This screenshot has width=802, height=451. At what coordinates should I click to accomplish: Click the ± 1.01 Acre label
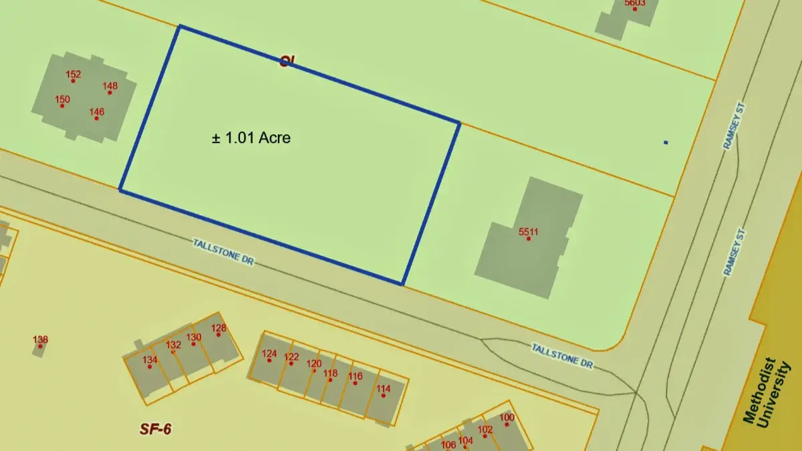pos(251,138)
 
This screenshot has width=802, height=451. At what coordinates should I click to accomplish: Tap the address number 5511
pos(528,233)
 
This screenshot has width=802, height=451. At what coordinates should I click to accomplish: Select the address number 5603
pos(634,3)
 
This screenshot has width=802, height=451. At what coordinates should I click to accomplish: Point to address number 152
pos(74,75)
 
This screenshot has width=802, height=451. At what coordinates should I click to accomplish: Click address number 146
pos(97,112)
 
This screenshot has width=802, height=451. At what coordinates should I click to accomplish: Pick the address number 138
pos(40,340)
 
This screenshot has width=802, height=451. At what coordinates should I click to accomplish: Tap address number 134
pos(150,360)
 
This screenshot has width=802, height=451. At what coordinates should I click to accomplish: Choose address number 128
pos(219,328)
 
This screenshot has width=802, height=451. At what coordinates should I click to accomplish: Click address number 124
pos(269,354)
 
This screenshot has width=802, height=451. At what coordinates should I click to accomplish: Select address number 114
pos(383,390)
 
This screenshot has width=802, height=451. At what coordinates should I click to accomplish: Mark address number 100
pos(507,418)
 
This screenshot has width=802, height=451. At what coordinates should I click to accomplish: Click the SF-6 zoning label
pos(155,429)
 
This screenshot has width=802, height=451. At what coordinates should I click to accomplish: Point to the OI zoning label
pos(287,61)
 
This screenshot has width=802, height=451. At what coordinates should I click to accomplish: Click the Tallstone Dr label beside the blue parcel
pos(223,253)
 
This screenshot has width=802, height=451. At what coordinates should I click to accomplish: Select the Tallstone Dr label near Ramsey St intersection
pos(562,356)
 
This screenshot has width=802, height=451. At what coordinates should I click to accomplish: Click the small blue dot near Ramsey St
pos(666,142)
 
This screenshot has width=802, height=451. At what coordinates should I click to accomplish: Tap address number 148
pos(110,86)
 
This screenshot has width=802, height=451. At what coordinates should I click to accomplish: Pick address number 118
pos(330,374)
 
